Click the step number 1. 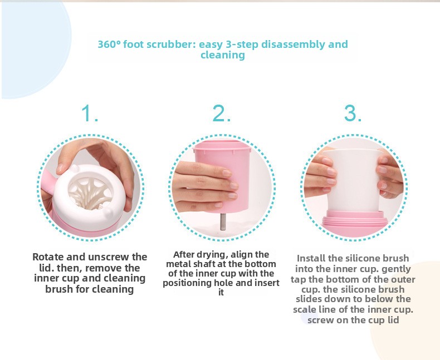click(x=89, y=114)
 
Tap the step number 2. click(x=222, y=114)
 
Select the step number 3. click(x=353, y=114)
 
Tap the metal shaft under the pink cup click(x=223, y=222)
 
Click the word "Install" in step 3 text click(x=311, y=258)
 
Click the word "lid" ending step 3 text click(x=393, y=320)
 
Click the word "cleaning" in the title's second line click(x=223, y=55)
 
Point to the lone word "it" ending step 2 click(x=221, y=292)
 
